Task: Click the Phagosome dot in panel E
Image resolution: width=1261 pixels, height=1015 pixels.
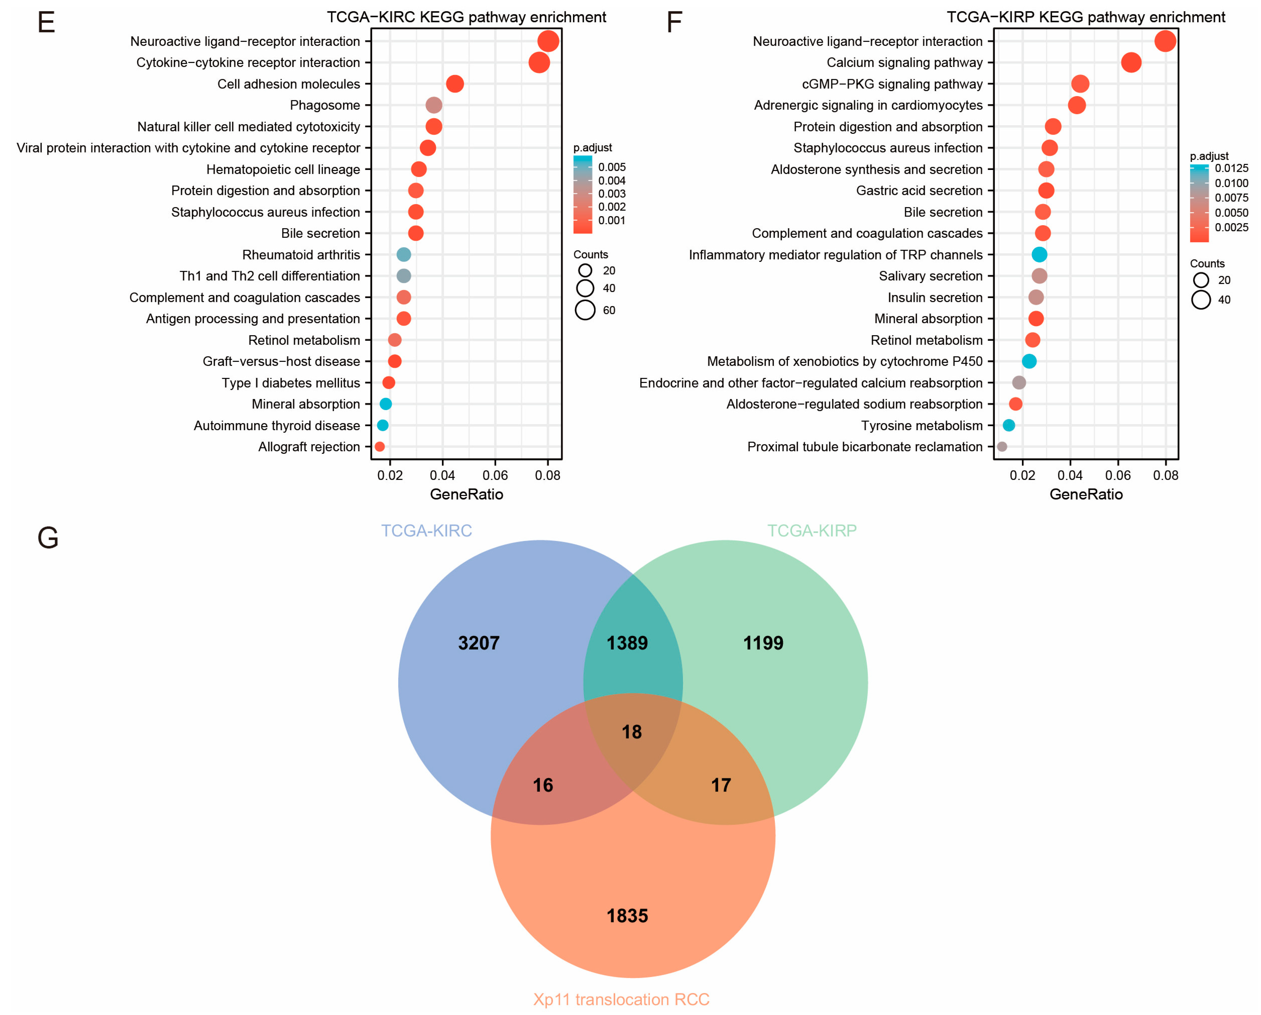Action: point(433,105)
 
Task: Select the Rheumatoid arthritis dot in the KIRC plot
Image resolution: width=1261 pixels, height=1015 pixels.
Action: point(404,254)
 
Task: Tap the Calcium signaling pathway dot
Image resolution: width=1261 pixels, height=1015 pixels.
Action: point(1131,62)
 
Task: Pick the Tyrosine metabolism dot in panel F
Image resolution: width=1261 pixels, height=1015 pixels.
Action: point(1008,425)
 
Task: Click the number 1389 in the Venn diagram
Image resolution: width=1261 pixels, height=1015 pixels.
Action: point(627,643)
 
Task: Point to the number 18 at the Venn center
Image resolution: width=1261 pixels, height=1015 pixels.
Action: point(632,732)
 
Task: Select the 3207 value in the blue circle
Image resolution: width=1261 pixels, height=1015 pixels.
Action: point(478,643)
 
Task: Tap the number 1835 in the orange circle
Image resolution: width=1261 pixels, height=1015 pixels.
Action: point(627,916)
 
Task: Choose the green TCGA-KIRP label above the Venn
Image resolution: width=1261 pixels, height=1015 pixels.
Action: point(812,531)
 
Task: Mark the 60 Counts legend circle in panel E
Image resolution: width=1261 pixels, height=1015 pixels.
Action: point(585,310)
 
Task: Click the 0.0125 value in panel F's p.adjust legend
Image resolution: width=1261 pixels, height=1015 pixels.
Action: point(1231,168)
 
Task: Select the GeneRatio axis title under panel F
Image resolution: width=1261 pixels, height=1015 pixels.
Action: point(1086,494)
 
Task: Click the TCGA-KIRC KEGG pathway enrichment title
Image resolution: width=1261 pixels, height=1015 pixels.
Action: point(466,17)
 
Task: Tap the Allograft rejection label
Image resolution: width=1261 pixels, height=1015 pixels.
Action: point(309,447)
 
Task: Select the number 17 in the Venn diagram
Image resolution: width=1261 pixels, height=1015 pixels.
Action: point(720,785)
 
